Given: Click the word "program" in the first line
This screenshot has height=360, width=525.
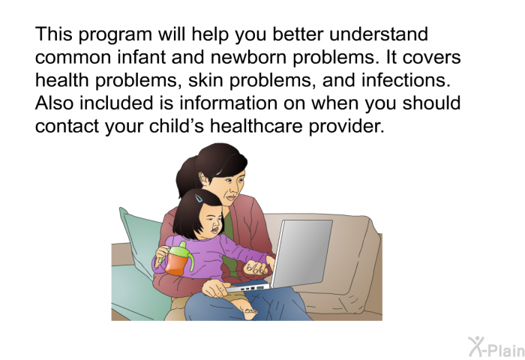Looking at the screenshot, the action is click(x=115, y=35).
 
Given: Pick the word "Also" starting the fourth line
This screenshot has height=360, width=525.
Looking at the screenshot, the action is click(x=54, y=103).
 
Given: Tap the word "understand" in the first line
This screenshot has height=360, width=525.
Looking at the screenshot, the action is click(x=378, y=34).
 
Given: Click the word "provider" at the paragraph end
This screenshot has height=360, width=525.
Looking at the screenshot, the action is click(x=346, y=127).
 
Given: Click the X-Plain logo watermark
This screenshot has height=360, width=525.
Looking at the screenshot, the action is click(x=496, y=347).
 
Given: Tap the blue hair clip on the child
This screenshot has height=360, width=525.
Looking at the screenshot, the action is click(x=199, y=198).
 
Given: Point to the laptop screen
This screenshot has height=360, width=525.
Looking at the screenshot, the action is click(x=301, y=253).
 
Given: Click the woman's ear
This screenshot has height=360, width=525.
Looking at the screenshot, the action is click(x=203, y=178).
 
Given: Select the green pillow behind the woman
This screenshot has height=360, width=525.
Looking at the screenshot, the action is click(x=141, y=265).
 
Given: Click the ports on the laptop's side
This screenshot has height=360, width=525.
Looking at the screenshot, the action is click(x=251, y=288).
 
